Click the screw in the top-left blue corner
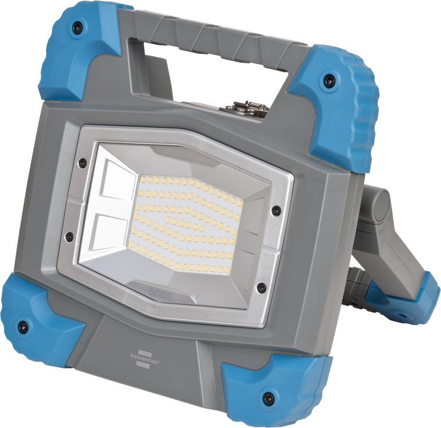pos(77,27)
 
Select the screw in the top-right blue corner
pos(329,81)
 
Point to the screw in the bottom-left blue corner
pos(23,326)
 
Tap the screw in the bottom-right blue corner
pos(268,398)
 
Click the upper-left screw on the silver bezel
pos(83,163)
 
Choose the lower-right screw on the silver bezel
pos(261,287)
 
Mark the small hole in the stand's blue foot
pos(401,317)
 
